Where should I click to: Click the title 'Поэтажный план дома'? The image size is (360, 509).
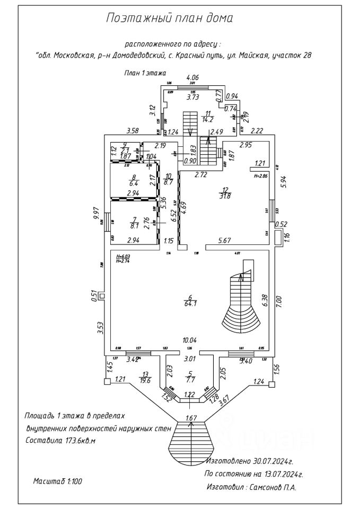point(170,19)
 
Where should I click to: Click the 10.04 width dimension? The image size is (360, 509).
point(190,340)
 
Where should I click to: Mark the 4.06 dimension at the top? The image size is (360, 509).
point(192,78)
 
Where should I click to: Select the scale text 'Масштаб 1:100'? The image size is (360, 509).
point(57,481)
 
